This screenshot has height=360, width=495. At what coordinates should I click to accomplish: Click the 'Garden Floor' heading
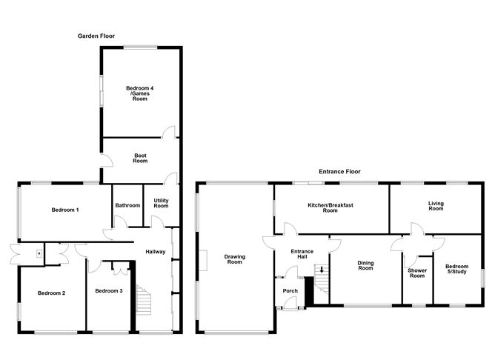[98, 36]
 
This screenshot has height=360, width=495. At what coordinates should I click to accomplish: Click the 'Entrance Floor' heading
[339, 171]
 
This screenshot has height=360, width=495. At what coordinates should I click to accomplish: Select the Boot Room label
[140, 159]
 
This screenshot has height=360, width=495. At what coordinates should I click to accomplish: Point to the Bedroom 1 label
[65, 210]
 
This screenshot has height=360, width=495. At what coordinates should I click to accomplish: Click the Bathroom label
[127, 205]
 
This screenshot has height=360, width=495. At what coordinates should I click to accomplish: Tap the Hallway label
[155, 252]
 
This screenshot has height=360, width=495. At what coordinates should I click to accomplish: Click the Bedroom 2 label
[52, 293]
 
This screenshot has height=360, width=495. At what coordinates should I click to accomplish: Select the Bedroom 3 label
[109, 290]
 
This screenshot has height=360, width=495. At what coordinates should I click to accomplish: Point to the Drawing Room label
[235, 259]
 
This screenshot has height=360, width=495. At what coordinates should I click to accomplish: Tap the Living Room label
[436, 206]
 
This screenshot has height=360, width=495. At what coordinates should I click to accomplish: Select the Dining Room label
[365, 264]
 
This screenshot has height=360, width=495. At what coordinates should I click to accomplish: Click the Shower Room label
[417, 273]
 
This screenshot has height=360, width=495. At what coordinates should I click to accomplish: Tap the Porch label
[290, 290]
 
